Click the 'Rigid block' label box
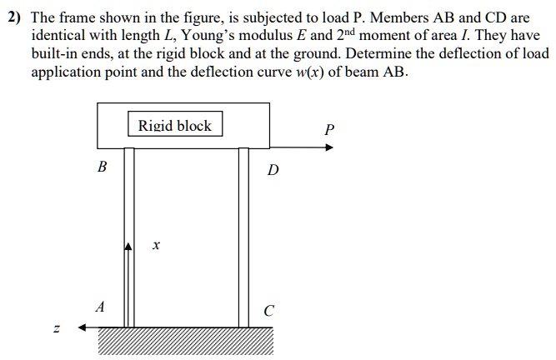pyautogui.click(x=175, y=126)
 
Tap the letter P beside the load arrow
pyautogui.click(x=329, y=130)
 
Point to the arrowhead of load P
pyautogui.click(x=329, y=147)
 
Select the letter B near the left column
pyautogui.click(x=102, y=167)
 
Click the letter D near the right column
pyautogui.click(x=273, y=171)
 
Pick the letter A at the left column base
pyautogui.click(x=100, y=307)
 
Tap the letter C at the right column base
pyautogui.click(x=268, y=312)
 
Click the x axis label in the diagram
pyautogui.click(x=156, y=246)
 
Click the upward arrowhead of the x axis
pyautogui.click(x=129, y=246)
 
